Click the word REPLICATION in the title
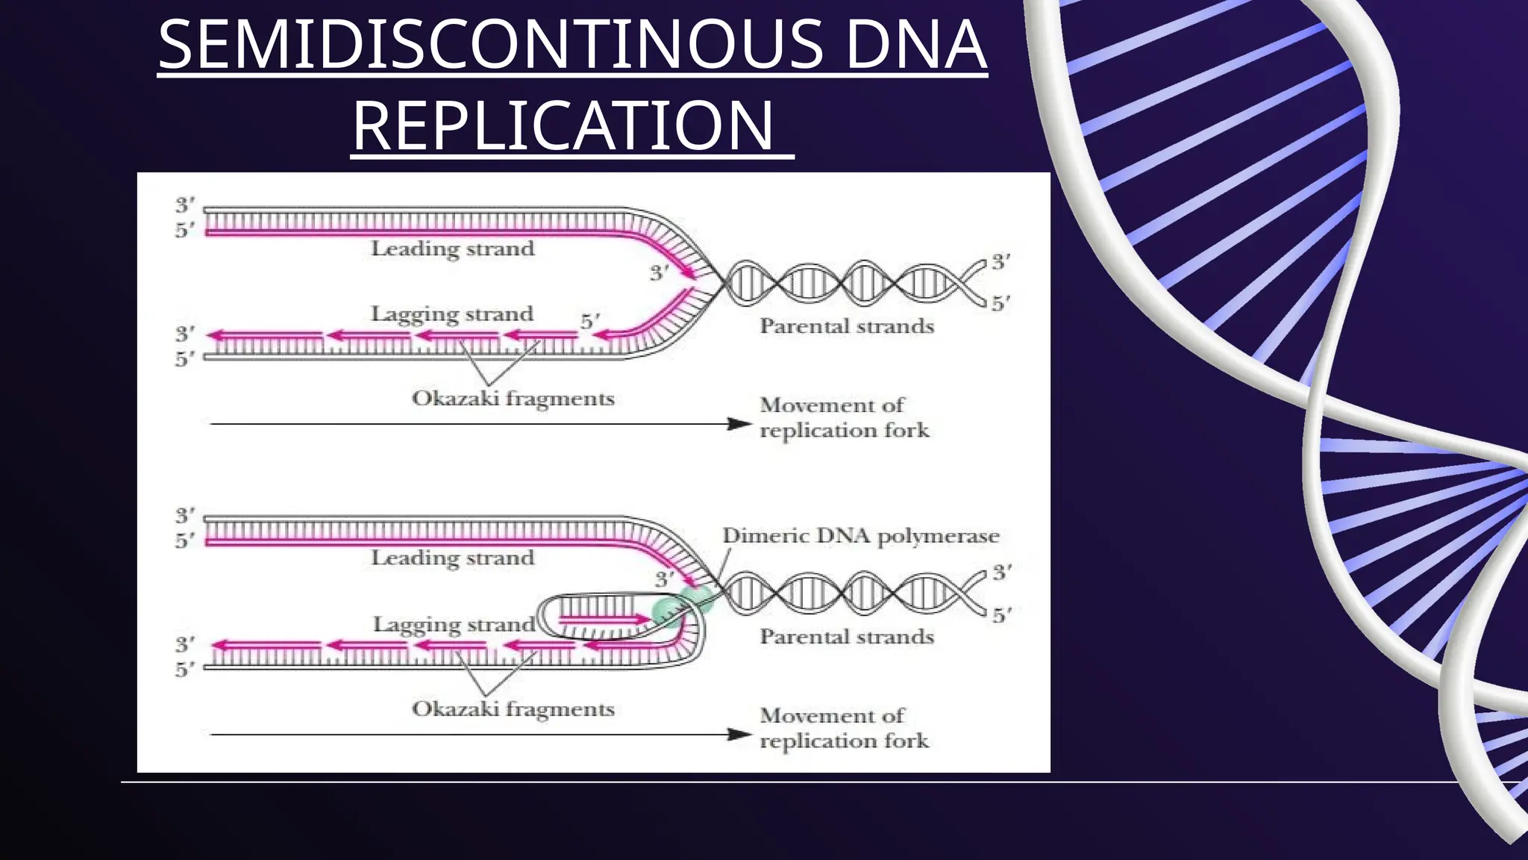click(563, 125)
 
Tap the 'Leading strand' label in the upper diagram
click(453, 249)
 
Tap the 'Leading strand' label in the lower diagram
click(453, 558)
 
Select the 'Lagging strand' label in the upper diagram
click(452, 314)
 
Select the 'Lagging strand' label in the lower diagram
click(454, 624)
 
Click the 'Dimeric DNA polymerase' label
click(860, 536)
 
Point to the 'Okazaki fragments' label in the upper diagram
click(513, 399)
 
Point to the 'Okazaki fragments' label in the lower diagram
click(513, 709)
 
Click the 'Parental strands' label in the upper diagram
click(847, 326)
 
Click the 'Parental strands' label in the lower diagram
click(847, 637)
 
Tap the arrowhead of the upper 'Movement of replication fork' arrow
click(740, 424)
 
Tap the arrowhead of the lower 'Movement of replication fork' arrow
click(740, 735)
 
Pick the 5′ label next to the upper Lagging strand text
click(589, 321)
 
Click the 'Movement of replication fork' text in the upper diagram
click(844, 418)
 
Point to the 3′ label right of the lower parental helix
click(1001, 573)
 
